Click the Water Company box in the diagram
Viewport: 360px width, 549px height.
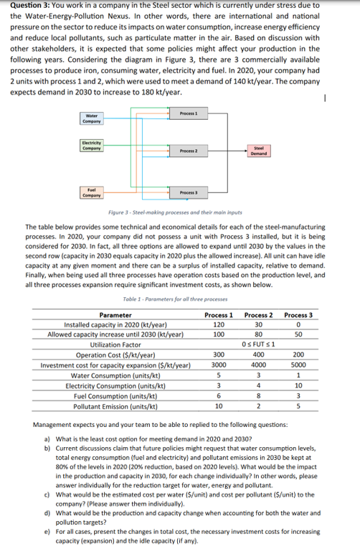(92, 118)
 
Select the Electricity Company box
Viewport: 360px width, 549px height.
(92, 149)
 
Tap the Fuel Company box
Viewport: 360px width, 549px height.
(92, 192)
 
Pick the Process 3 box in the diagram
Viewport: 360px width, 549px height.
(189, 193)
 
